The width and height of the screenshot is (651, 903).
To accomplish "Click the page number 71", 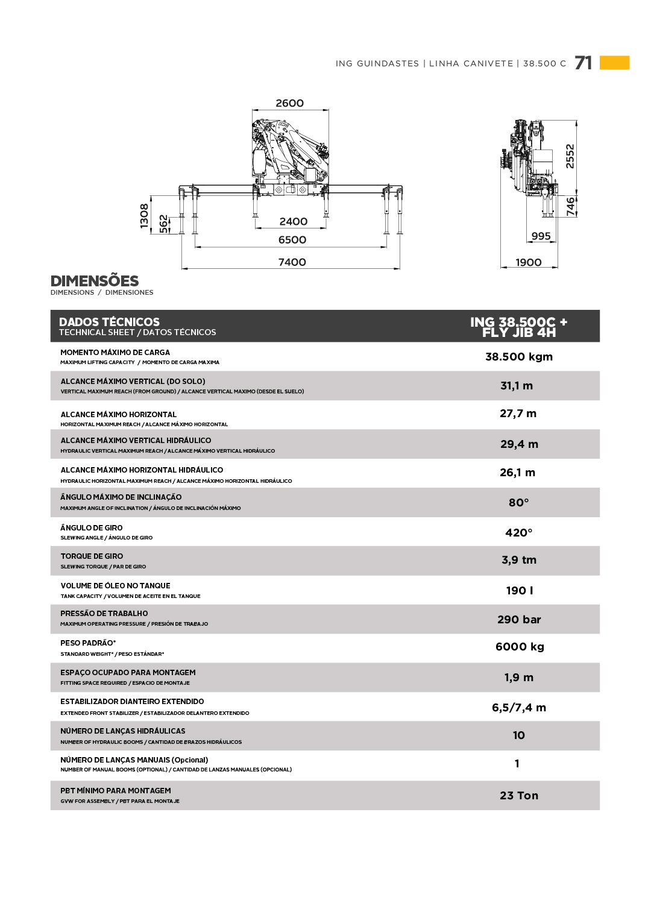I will pos(583,63).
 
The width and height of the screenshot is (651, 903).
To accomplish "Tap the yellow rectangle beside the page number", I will pos(614,63).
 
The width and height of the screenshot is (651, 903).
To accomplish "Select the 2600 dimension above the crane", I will pos(289,103).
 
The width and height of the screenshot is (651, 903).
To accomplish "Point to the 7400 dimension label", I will pos(292,262).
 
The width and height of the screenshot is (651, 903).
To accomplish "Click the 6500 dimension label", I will pos(292,239).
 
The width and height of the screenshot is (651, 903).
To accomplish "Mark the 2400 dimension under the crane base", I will pos(293,221).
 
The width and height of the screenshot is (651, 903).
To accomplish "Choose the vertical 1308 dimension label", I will pos(144,215).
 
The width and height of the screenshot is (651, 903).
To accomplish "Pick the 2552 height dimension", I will pos(570,156).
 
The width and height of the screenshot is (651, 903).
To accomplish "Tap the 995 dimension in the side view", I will pos(541,236).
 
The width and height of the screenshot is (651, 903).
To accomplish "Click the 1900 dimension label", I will pos(528,262).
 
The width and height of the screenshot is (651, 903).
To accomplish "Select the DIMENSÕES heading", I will pos(95,281).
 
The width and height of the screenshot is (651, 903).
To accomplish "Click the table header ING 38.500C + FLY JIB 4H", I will pos(518,327).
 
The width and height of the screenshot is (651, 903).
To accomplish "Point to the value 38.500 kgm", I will pos(518,356).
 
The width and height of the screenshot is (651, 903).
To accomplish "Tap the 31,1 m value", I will pos(516,386).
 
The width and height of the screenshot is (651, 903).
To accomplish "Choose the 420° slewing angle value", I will pos(518,532).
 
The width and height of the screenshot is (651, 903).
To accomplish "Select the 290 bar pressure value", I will pos(518,619).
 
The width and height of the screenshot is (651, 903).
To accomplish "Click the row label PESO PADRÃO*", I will pos(88,643).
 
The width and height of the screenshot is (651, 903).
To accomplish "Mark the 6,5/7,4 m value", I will pos(518,707).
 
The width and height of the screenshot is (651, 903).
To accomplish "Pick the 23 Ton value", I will pos(518,795).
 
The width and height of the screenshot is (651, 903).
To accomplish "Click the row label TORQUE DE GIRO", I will pos(92,556).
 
